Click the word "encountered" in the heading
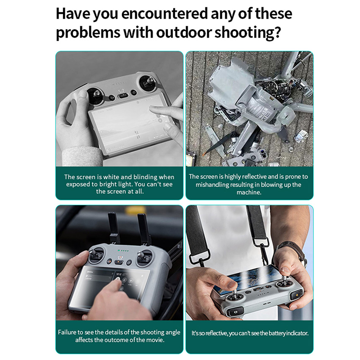pyautogui.click(x=164, y=14)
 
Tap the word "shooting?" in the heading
pyautogui.click(x=248, y=32)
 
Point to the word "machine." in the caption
pyautogui.click(x=249, y=192)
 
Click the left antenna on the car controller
pyautogui.click(x=114, y=228)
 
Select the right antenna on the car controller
pyautogui.click(x=145, y=230)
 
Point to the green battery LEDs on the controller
pyautogui.click(x=123, y=251)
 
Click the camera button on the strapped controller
pyautogui.click(x=235, y=312)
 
